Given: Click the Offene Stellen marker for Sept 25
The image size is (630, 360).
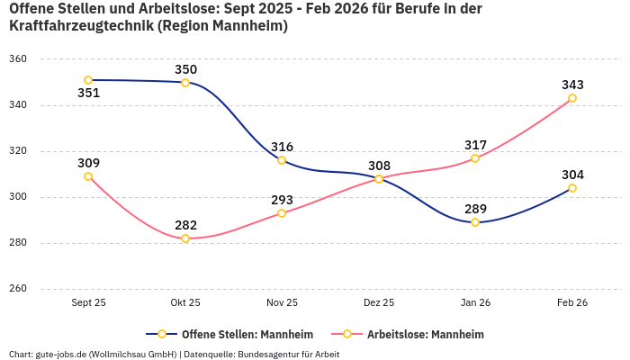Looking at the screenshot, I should coord(88,80).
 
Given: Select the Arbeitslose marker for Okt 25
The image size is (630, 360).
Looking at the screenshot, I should coord(185,238).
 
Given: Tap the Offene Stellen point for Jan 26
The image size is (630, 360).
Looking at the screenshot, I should coord(475,222).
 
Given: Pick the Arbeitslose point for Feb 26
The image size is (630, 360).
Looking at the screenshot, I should coord(572,98).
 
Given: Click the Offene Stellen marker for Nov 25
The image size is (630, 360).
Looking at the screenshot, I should coord(282,160).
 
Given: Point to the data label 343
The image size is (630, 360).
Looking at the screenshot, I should coord(572,85).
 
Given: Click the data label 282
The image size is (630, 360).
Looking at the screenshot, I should coord(185,225).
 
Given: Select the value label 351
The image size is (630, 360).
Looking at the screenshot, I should coord(88,93).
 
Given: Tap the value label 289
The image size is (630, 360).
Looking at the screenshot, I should coord(475,209).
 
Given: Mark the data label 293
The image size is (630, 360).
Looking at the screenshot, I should coord(282,200).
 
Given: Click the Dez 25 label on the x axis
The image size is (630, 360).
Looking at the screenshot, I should coord(378,302).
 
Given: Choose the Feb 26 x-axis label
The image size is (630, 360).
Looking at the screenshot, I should coord(572,302).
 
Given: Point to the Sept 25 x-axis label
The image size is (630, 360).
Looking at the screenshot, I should coord(88,302).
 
